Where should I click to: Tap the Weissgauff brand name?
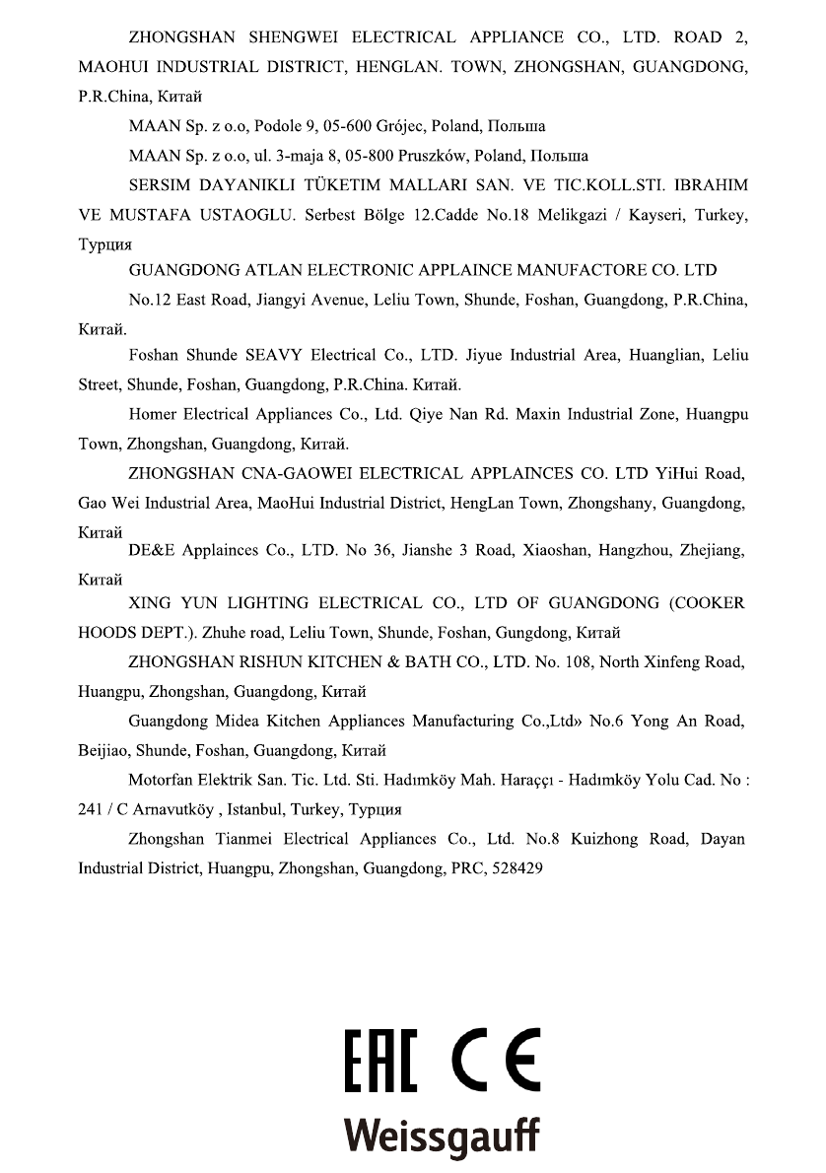click(441, 1135)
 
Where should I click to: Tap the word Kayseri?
click(654, 215)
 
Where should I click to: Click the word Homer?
click(153, 414)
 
